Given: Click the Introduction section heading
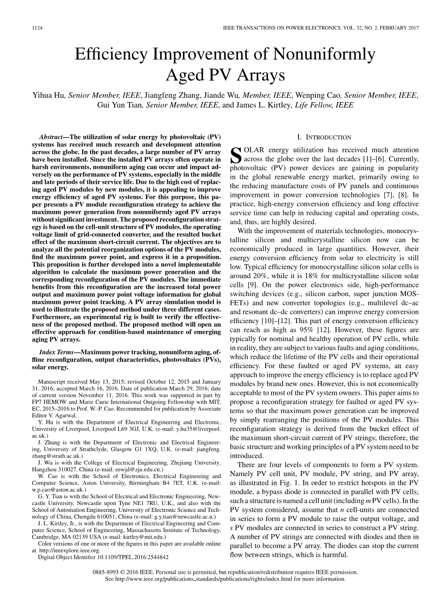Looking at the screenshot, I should click(x=325, y=137).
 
